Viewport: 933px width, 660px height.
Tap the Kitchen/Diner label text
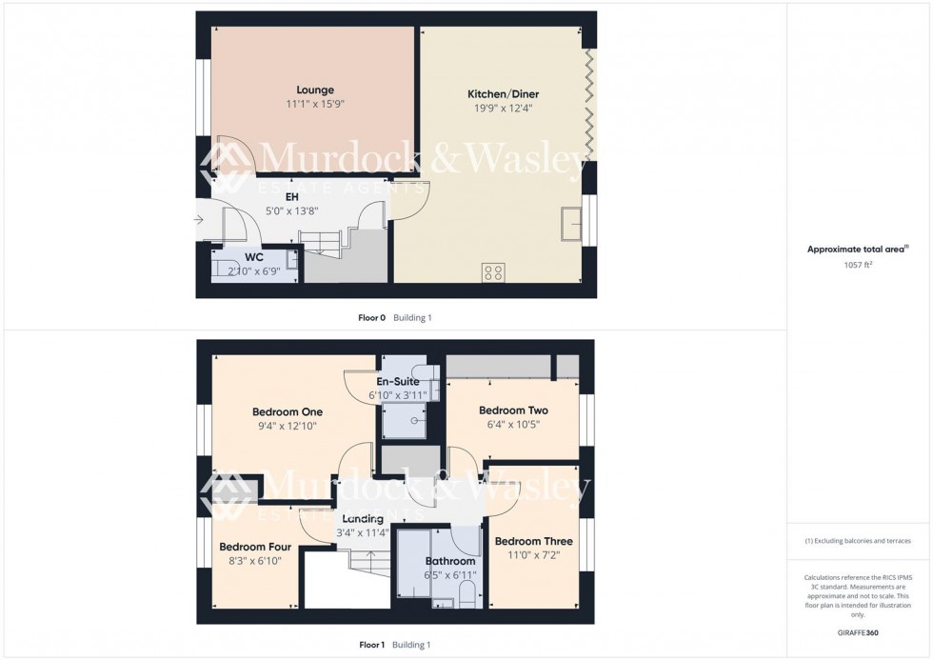coord(499,93)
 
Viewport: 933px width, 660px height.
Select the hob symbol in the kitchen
coord(493,271)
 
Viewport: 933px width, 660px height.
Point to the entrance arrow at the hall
coord(197,221)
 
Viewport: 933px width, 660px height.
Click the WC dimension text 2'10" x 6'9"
coord(253,270)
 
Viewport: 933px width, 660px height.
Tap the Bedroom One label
coord(288,411)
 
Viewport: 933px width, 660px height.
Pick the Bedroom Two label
coord(512,410)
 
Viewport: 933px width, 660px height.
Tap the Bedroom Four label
coord(255,547)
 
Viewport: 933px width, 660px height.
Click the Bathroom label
coord(449,561)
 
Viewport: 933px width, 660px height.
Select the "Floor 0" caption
coord(371,318)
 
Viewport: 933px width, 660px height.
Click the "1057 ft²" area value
coord(859,265)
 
